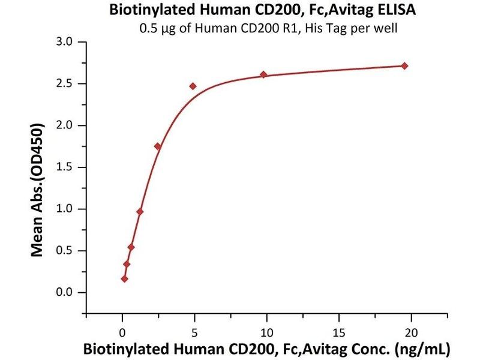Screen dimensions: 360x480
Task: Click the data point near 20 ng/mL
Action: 404,66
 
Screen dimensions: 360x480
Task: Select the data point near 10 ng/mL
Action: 263,74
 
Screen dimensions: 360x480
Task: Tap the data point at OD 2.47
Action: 193,86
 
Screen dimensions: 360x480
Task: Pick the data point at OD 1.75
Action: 157,146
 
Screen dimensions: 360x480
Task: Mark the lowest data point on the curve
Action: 124,279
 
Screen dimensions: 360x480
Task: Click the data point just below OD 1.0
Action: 140,212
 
